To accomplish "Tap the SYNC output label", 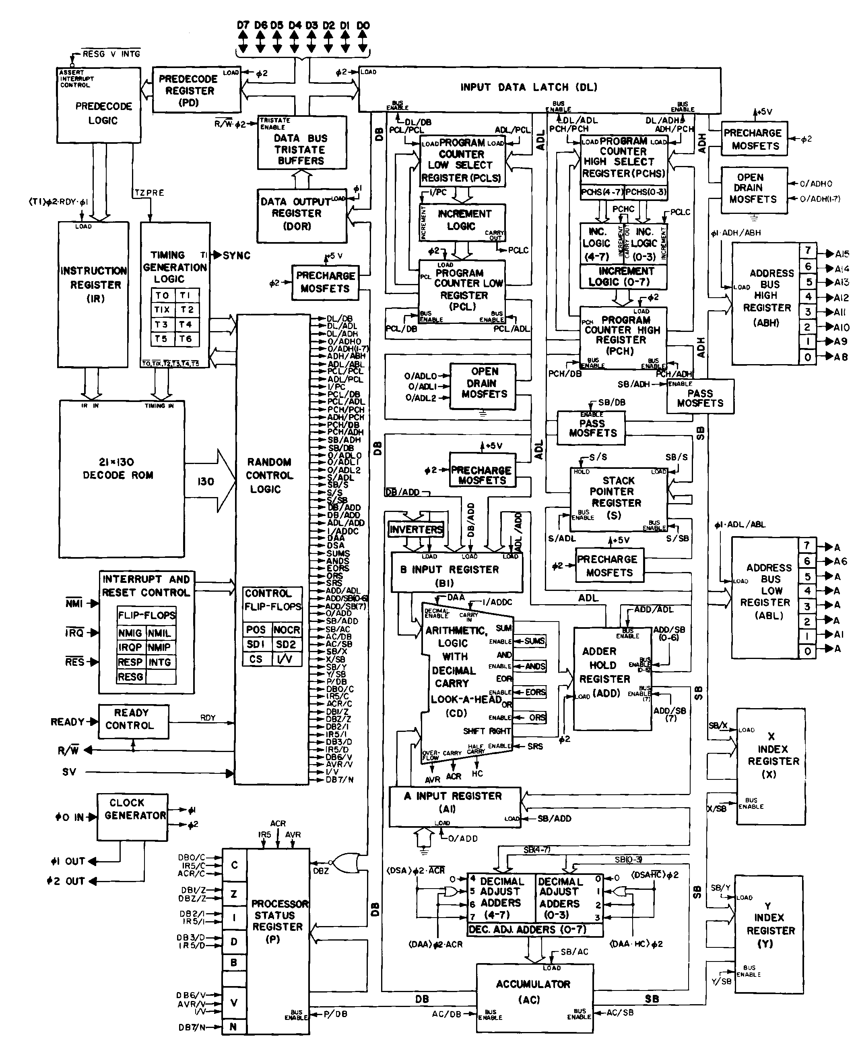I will coord(236,256).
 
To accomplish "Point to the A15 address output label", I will coord(841,254).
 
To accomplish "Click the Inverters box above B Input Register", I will coord(416,529).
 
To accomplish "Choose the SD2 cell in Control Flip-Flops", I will coord(286,644).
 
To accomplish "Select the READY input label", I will coord(67,722).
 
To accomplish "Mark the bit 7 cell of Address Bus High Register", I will coord(808,250).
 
